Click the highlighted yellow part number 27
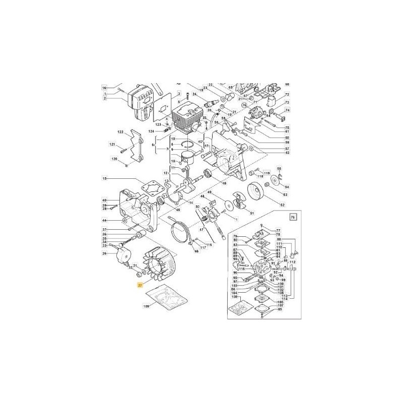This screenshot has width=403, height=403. pyautogui.click(x=140, y=286)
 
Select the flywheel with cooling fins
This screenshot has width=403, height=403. pyautogui.click(x=161, y=261)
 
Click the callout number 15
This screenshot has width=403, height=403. pyautogui.click(x=105, y=178)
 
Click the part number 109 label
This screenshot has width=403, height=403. pyautogui.click(x=147, y=306)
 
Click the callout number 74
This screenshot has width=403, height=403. pyautogui.click(x=288, y=111)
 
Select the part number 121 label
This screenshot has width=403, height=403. pyautogui.click(x=112, y=145)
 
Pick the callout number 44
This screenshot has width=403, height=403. pyautogui.click(x=105, y=221)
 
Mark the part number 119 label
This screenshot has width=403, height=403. pyautogui.click(x=267, y=172)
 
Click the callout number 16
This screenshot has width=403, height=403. pyautogui.click(x=105, y=87)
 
